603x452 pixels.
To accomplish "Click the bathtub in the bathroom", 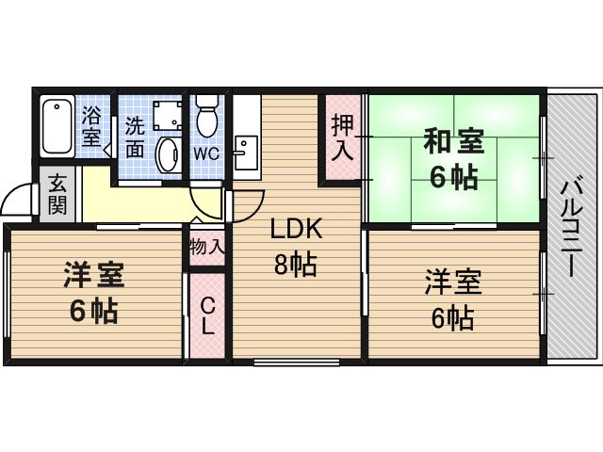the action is (57, 125).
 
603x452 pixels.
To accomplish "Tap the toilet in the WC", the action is (207, 115).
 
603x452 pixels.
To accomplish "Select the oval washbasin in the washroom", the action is (168, 155).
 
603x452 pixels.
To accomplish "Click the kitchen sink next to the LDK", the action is (246, 153).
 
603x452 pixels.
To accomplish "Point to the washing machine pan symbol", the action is (168, 116).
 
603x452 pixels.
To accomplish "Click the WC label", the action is (206, 154).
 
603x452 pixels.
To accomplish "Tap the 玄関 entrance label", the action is (57, 194).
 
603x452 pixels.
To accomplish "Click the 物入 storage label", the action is (207, 247).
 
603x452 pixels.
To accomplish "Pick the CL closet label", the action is (207, 316).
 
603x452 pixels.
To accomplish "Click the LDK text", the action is (296, 228).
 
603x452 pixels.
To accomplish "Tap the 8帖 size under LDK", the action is (295, 264).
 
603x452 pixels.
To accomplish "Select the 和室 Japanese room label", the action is (453, 141).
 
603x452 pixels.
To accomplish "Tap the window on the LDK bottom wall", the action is (297, 362).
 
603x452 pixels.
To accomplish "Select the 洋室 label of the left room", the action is (94, 275).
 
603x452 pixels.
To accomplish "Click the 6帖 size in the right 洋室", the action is (452, 318).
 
